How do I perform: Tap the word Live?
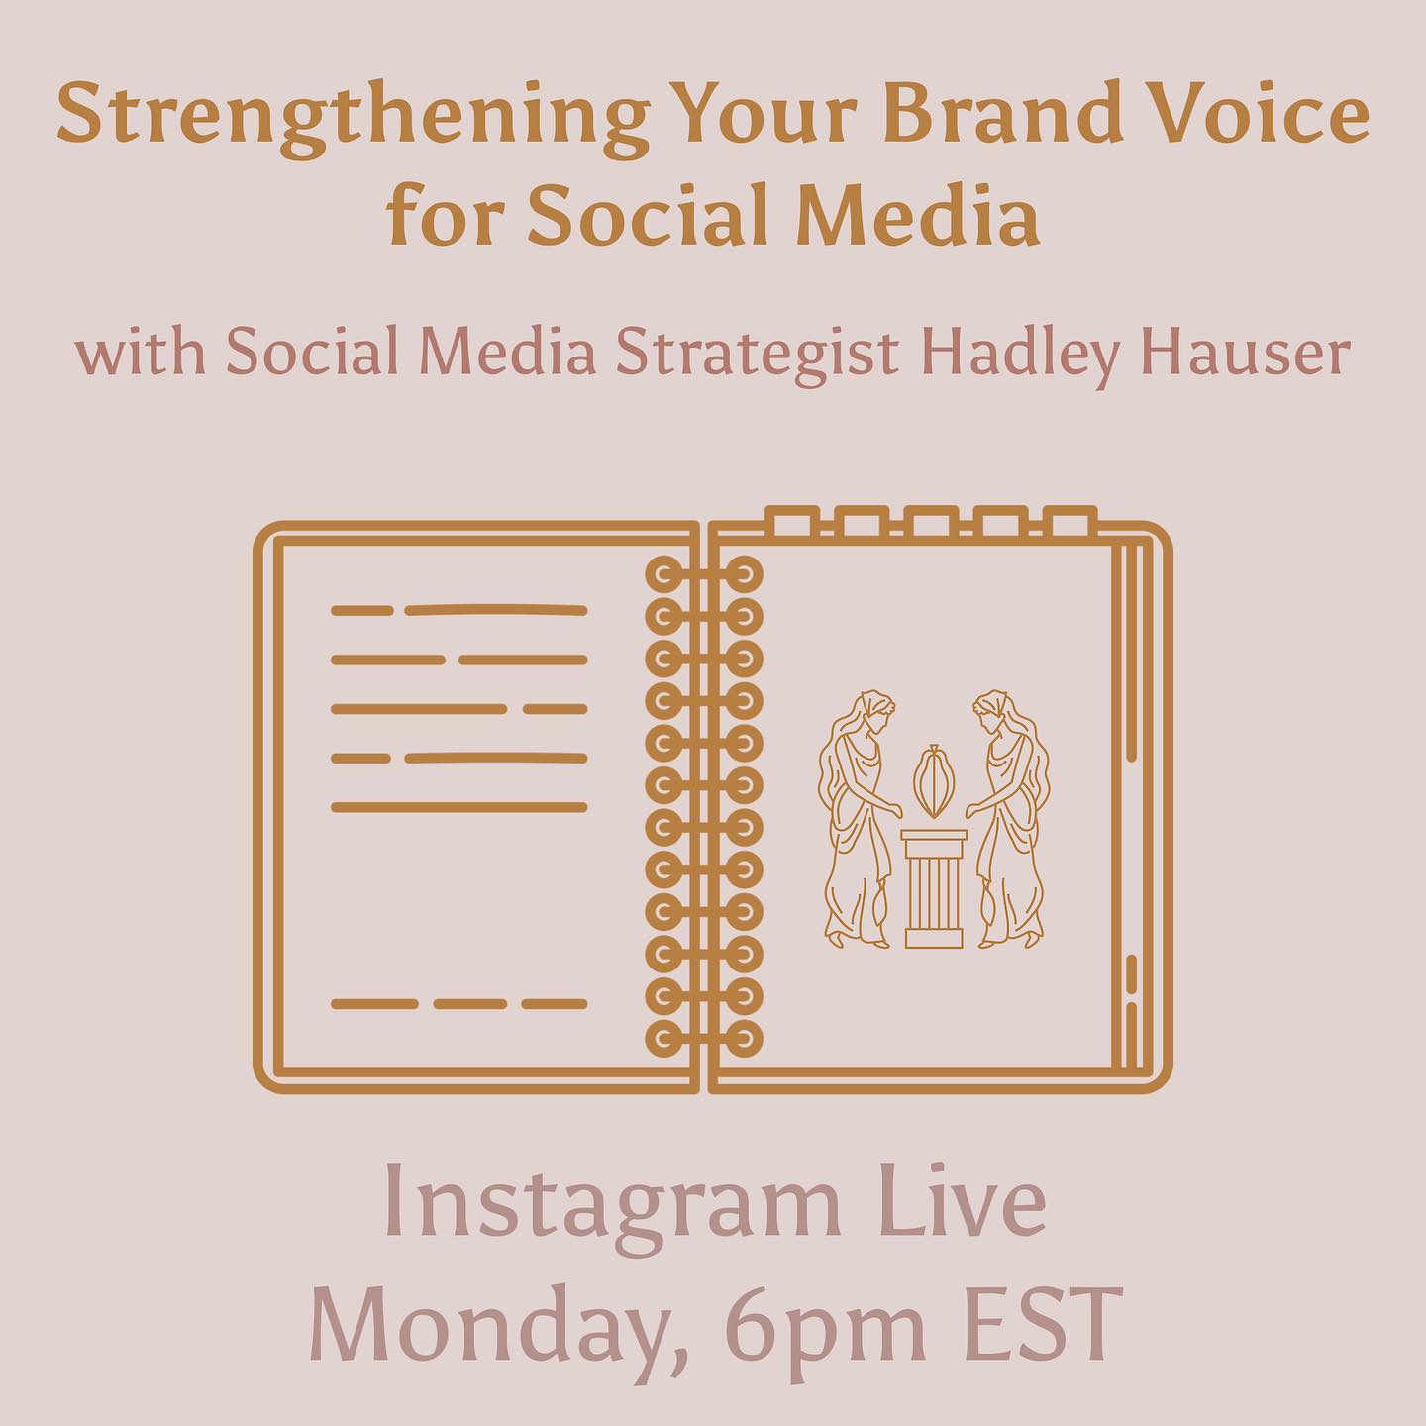click(x=959, y=1200)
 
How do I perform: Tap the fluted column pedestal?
click(x=934, y=888)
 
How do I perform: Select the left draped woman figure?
click(x=858, y=819)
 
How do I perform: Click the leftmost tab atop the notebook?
click(x=792, y=521)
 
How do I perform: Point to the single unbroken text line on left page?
click(x=458, y=807)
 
